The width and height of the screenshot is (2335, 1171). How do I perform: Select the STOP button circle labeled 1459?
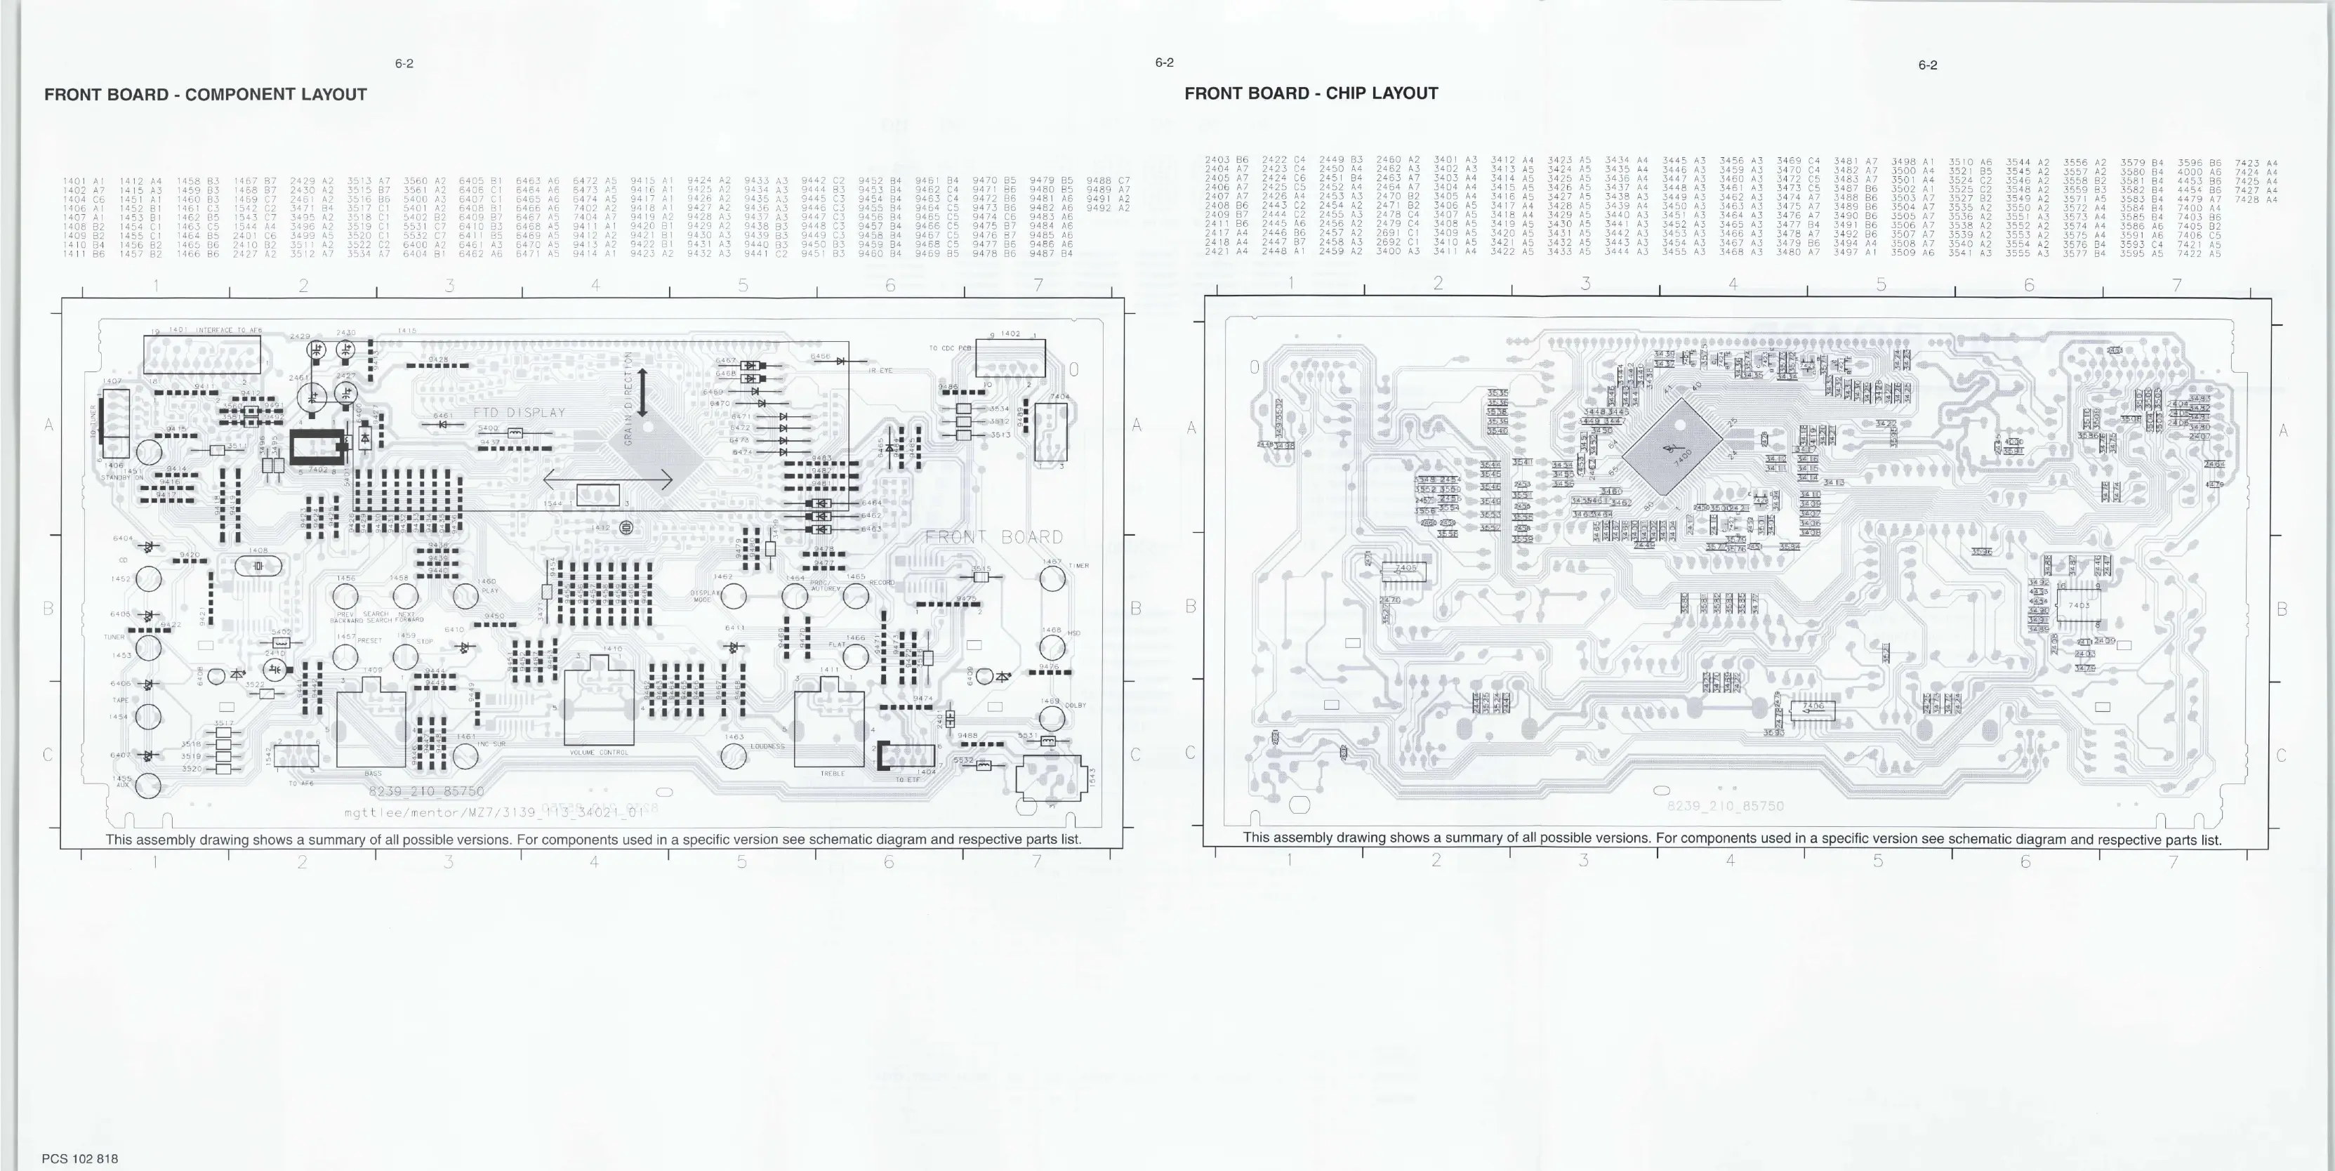click(405, 656)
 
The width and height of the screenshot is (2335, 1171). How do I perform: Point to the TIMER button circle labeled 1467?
click(1052, 578)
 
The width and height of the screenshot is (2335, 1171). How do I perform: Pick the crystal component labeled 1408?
click(258, 567)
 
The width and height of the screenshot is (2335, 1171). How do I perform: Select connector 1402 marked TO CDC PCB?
click(1010, 357)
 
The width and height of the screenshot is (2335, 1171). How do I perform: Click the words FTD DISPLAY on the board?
click(520, 412)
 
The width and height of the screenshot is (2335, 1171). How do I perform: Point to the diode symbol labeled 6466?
click(841, 361)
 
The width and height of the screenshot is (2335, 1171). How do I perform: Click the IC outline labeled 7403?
click(2079, 605)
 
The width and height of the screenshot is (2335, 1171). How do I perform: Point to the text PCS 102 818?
click(80, 1158)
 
